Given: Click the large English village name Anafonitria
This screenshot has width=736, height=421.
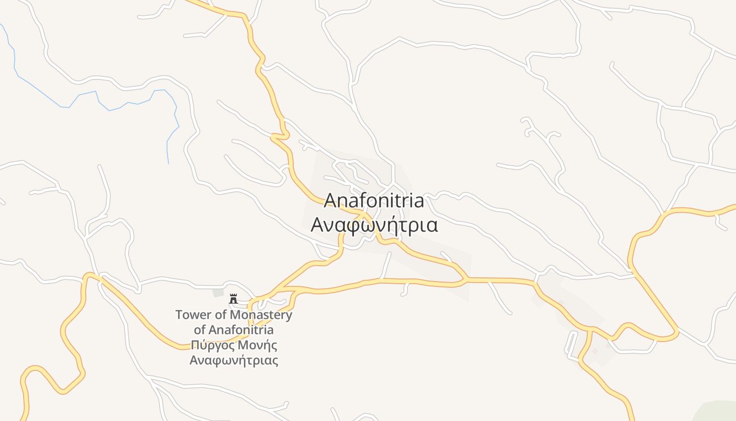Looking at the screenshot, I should (374, 201).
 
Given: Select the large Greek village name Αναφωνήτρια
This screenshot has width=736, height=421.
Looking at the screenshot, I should (374, 225).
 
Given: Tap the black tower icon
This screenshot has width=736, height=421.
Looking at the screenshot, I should (233, 299).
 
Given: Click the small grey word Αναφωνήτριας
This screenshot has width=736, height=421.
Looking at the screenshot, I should (233, 361).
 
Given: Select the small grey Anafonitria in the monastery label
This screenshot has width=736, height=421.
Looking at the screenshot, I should (241, 330).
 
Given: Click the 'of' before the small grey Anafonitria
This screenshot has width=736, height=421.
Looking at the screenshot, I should (200, 330).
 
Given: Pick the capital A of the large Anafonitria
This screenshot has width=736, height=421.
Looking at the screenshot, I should (330, 201).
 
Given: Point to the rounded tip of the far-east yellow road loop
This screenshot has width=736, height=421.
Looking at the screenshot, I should (676, 335).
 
